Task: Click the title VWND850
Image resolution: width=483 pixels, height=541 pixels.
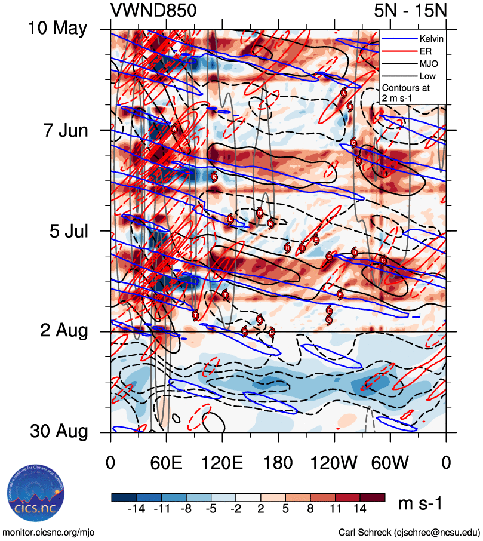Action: tap(153, 11)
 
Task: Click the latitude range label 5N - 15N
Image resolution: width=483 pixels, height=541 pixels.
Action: tap(410, 11)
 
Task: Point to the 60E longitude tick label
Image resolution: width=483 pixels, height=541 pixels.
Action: tap(166, 463)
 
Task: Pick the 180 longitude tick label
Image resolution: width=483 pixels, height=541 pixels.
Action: tap(278, 463)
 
